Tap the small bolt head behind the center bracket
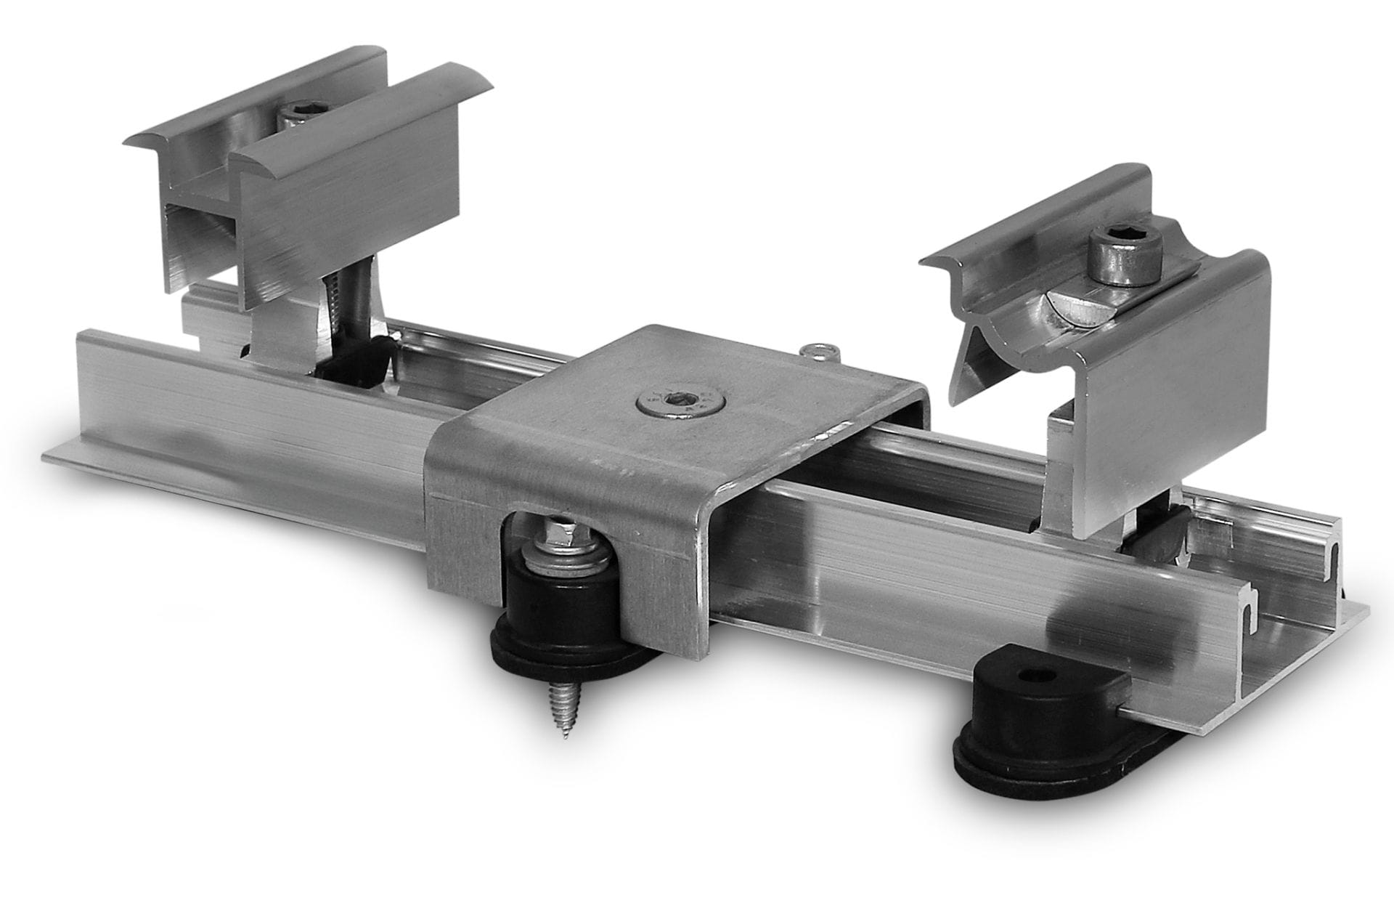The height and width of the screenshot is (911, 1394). point(818,352)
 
